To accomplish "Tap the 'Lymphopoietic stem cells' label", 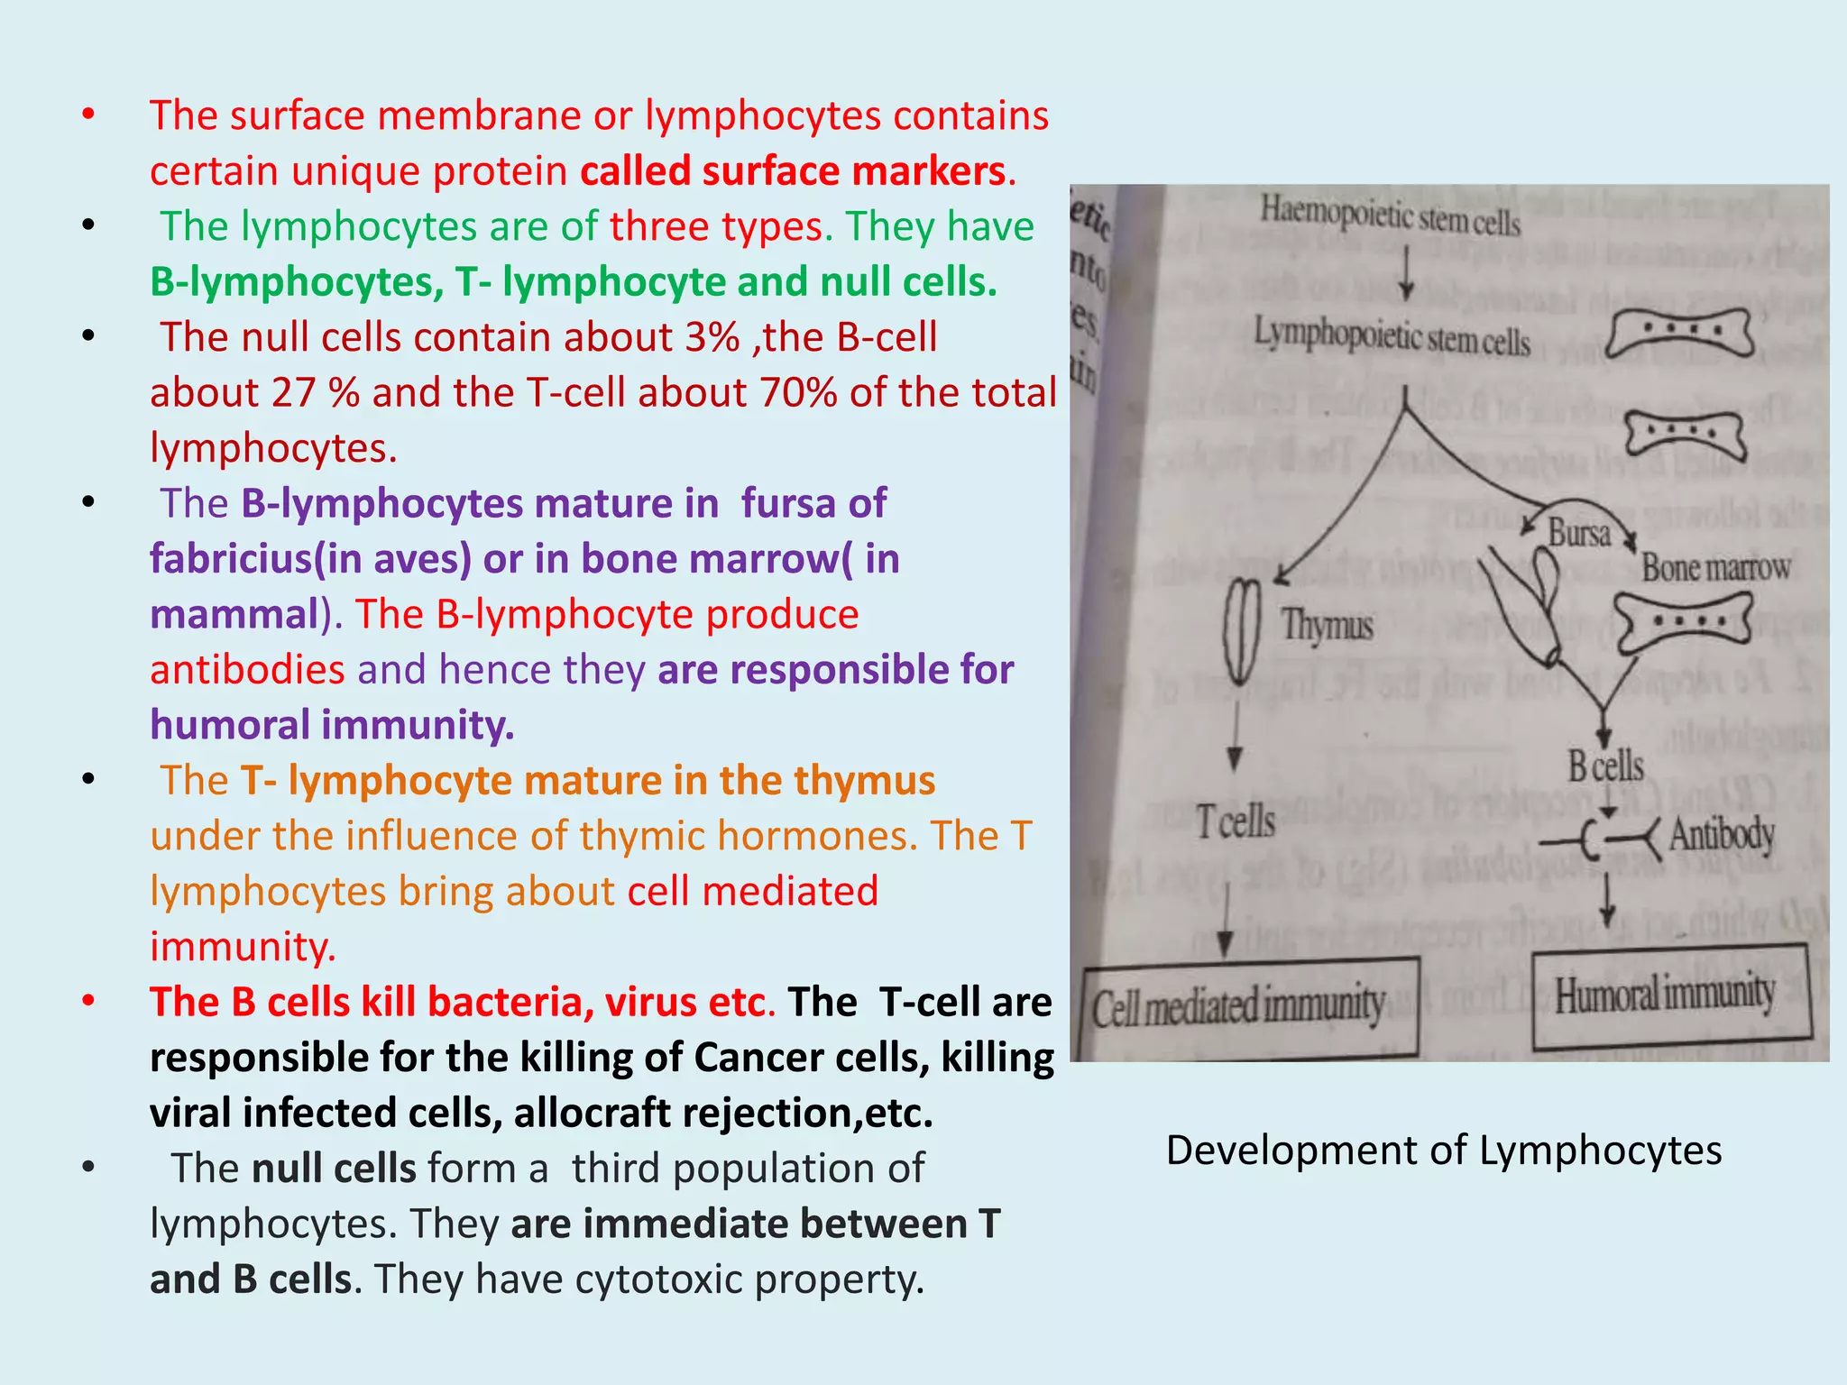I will pos(1392,337).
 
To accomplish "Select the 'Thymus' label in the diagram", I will pos(1328,625).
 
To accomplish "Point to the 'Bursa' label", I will pos(1579,533).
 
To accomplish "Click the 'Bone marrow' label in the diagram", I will pos(1715,567).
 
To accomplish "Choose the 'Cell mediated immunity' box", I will pos(1249,1007).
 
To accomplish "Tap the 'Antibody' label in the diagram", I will pos(1722,834).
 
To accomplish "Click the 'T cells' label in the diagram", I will pos(1236,821).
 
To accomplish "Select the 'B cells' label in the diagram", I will pos(1605,766).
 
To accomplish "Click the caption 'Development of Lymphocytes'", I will pos(1444,1151).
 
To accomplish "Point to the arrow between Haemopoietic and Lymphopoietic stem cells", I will pos(1406,275).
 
